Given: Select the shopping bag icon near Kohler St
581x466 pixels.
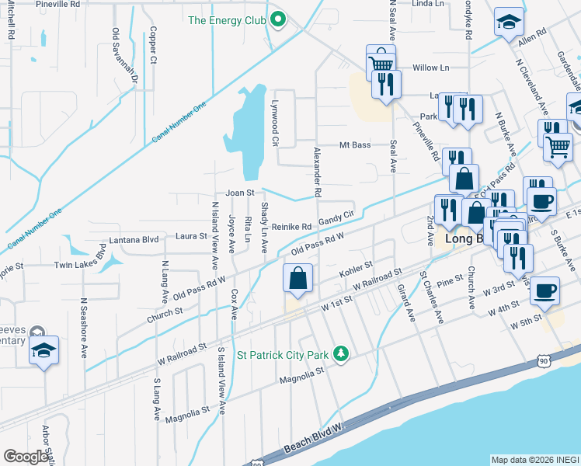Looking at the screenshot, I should point(298,279).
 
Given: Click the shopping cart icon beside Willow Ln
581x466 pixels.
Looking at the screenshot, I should point(381,61).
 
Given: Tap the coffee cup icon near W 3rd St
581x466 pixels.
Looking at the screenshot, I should point(546,290).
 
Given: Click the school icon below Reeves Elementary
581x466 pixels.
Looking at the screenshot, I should point(44,351).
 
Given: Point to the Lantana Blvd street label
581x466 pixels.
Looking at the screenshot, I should point(134,240).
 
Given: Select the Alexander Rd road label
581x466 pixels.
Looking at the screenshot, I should point(317,171).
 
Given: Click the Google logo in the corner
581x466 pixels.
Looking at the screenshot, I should point(26,457).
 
